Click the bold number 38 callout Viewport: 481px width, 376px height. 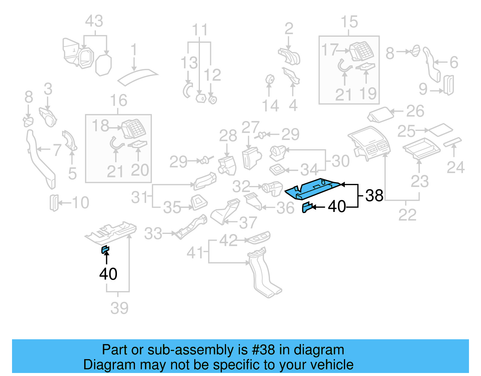[x=374, y=196]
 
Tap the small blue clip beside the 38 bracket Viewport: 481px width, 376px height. [x=307, y=207]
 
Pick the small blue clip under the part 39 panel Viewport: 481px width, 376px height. [x=105, y=249]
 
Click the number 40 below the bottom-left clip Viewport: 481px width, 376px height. [x=108, y=274]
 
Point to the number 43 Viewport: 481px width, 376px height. [x=94, y=21]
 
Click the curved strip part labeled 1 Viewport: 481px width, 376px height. [x=138, y=76]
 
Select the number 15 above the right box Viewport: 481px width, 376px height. [x=349, y=22]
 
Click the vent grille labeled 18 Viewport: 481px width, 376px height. [x=133, y=129]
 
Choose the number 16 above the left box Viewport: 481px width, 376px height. [x=118, y=100]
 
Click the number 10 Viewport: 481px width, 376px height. [x=81, y=203]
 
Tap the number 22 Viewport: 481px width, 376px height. [x=407, y=215]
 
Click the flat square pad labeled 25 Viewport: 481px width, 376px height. [x=440, y=130]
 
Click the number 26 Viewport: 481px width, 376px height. [x=415, y=111]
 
